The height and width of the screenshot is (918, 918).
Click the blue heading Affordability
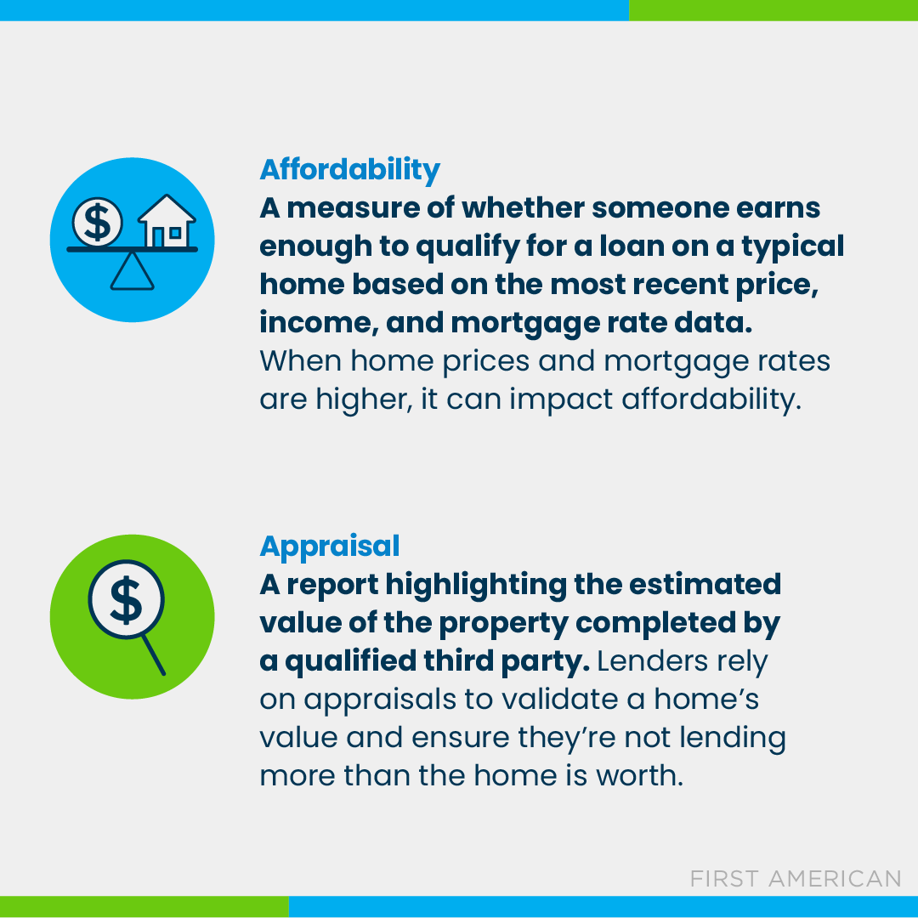349,169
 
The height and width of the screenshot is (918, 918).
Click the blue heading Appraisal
329,546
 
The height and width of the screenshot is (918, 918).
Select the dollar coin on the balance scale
98,223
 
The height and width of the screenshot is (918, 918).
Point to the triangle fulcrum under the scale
133,272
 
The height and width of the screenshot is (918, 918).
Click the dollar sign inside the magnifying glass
126,600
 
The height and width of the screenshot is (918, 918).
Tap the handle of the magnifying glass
153,654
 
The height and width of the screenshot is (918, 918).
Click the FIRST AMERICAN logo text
795,878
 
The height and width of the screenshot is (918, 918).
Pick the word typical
791,246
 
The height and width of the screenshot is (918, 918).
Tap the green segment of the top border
773,9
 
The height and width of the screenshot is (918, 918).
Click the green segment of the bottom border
144,906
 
